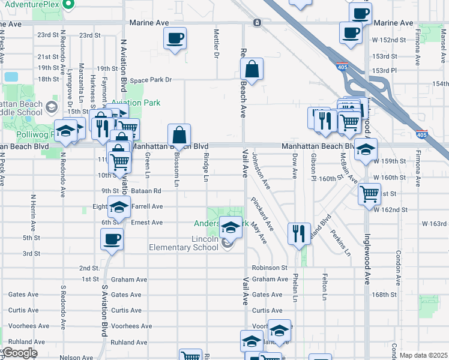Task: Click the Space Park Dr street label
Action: coord(151,80)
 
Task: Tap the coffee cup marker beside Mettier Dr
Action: coord(175,38)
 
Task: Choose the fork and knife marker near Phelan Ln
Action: coord(299,233)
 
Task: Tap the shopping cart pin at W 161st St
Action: coord(369,194)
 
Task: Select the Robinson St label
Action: coord(270,268)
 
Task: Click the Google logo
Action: coord(20,353)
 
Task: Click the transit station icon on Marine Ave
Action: coord(257,23)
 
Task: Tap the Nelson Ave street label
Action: coord(76,358)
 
